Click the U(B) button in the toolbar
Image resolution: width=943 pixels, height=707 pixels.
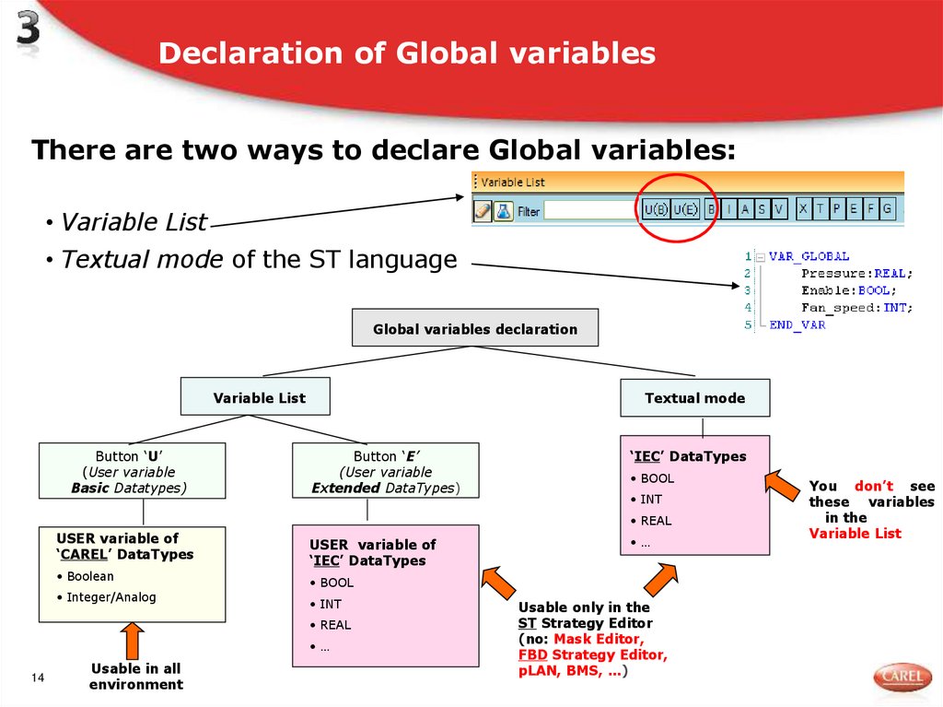(x=655, y=210)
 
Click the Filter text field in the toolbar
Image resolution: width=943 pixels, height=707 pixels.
(x=589, y=211)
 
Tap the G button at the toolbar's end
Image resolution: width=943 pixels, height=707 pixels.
(x=887, y=209)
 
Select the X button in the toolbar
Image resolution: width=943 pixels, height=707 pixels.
(x=804, y=209)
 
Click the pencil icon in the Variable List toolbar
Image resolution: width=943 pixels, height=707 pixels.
(x=483, y=211)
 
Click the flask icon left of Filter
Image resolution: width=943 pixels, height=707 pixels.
(x=503, y=211)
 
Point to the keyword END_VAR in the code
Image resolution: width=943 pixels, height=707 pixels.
(x=797, y=324)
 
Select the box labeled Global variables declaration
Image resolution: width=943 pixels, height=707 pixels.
(x=475, y=328)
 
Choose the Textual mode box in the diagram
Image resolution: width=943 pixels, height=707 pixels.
(x=694, y=398)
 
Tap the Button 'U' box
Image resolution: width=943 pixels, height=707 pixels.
(x=132, y=472)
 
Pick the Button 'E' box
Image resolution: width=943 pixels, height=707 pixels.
(x=385, y=472)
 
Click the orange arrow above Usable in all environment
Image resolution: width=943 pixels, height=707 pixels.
(x=133, y=641)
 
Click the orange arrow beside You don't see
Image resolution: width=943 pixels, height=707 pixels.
(x=785, y=488)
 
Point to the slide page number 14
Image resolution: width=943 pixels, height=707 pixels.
(x=38, y=679)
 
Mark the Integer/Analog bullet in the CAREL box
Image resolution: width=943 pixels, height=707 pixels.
(x=111, y=597)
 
